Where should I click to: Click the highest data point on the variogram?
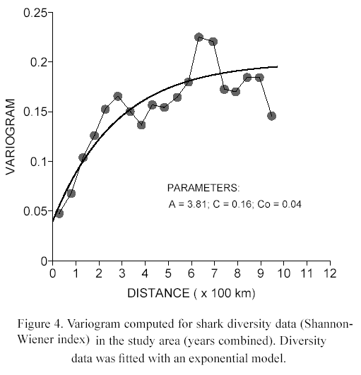click(x=199, y=37)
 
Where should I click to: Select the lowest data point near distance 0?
click(x=59, y=213)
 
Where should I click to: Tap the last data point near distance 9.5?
click(x=272, y=117)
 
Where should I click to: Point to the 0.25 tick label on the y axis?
click(x=35, y=13)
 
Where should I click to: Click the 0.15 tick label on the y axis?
click(x=35, y=112)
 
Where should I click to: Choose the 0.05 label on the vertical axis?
click(x=35, y=211)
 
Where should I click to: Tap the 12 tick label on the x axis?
click(x=330, y=273)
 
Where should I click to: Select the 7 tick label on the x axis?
click(x=214, y=273)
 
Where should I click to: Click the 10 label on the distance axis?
click(x=284, y=273)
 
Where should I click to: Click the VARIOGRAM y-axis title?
click(x=11, y=137)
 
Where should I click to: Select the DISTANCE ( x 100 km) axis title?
click(x=191, y=293)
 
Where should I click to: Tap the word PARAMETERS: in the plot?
click(x=203, y=188)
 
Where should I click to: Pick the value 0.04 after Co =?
click(x=292, y=205)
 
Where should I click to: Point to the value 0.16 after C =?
click(x=242, y=205)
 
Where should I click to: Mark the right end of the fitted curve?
click(x=277, y=66)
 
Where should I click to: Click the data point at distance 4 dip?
click(x=141, y=125)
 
